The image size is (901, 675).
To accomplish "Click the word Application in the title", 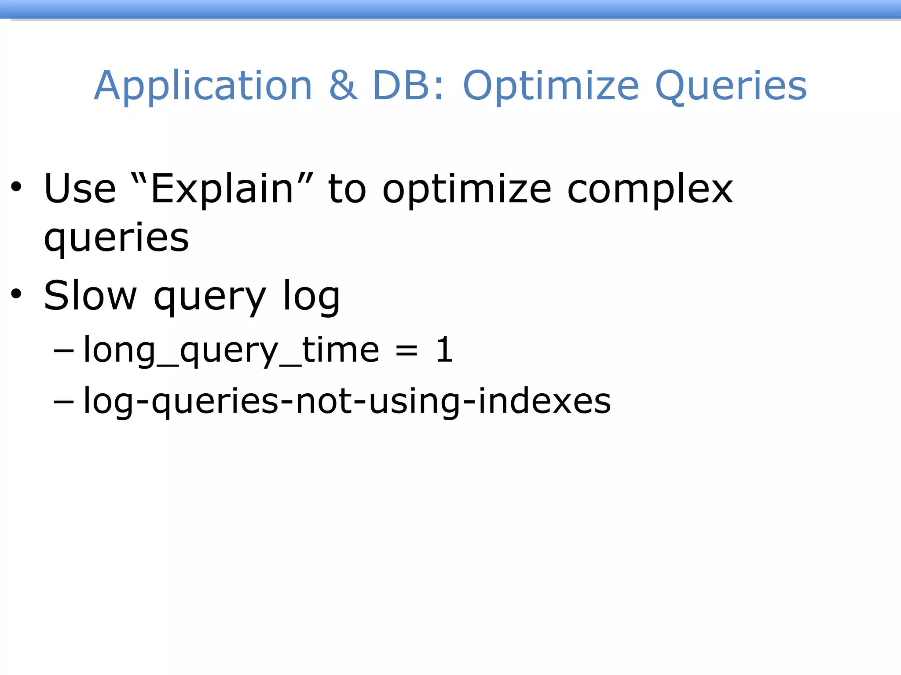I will pos(203,86).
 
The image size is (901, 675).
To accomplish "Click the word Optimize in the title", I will pos(550,86).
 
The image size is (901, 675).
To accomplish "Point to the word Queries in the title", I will pos(731,86).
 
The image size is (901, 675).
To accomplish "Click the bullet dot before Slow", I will pos(16,294).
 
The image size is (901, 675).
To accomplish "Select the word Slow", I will pos(90,295).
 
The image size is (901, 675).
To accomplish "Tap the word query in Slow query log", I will pos(210,297).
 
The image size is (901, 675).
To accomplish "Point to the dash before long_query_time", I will pos(64,350).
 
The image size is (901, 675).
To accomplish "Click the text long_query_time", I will pos(231,351).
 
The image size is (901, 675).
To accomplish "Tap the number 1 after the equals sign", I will pos(445,349).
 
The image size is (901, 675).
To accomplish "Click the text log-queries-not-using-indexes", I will pos(347,401).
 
